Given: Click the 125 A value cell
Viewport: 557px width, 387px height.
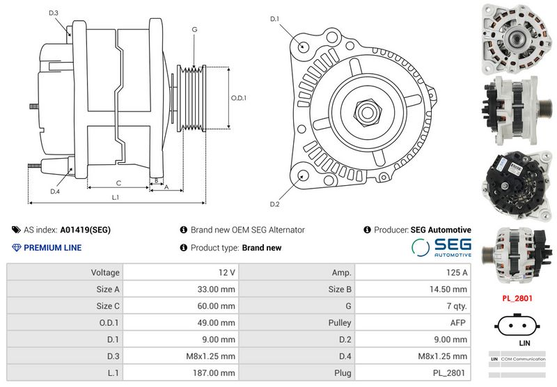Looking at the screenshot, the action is [x=457, y=272].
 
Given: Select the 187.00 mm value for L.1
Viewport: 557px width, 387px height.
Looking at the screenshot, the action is [x=214, y=373].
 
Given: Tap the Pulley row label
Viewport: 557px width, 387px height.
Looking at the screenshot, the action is [x=339, y=323].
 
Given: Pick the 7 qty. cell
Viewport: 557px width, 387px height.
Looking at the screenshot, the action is [x=457, y=306].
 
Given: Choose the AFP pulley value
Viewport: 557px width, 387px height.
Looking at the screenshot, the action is [x=457, y=323].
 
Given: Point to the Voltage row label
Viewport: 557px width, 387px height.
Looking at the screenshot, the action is [x=105, y=272].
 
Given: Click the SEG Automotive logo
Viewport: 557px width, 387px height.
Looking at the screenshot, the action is [x=441, y=247].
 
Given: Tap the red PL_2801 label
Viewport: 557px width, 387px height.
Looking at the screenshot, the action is [x=517, y=298].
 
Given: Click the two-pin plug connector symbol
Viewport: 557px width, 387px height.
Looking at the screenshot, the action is [x=517, y=326].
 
